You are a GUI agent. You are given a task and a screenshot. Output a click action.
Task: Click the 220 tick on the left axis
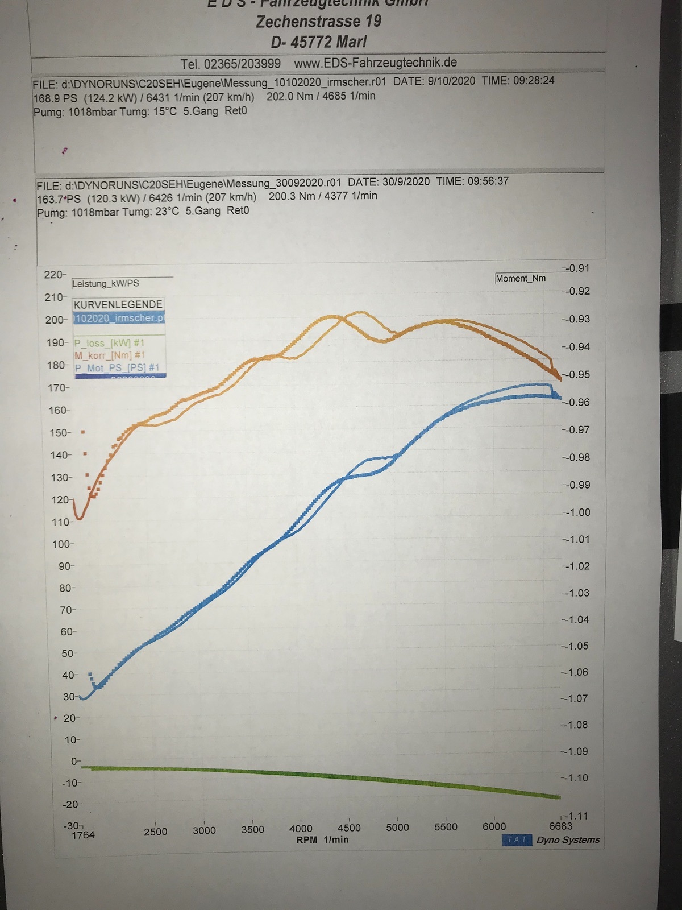pyautogui.click(x=54, y=275)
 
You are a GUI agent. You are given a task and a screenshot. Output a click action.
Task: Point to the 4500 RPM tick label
pyautogui.click(x=349, y=828)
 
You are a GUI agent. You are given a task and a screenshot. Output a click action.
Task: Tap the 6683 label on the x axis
pyautogui.click(x=560, y=826)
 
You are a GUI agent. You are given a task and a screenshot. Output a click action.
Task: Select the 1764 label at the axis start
pyautogui.click(x=83, y=835)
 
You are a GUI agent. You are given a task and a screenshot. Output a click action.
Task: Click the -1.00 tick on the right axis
pyautogui.click(x=576, y=512)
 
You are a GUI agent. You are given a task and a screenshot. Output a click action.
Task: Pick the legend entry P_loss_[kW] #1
pyautogui.click(x=109, y=343)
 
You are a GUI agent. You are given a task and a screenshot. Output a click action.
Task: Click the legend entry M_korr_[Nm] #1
pyautogui.click(x=110, y=355)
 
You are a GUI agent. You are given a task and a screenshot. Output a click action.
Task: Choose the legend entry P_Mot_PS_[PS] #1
pyautogui.click(x=117, y=368)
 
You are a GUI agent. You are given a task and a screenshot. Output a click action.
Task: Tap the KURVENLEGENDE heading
pyautogui.click(x=118, y=304)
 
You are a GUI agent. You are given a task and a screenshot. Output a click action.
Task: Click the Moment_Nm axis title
pyautogui.click(x=521, y=278)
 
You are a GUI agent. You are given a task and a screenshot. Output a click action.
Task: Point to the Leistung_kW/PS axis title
pyautogui.click(x=106, y=283)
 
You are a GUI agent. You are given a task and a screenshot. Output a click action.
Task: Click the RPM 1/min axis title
pyautogui.click(x=322, y=839)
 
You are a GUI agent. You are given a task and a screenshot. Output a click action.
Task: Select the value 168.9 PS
pyautogui.click(x=55, y=97)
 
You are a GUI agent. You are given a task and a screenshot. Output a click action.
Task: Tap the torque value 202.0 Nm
pyautogui.click(x=290, y=96)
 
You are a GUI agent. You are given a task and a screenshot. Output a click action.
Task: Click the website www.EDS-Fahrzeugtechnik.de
pyautogui.click(x=375, y=63)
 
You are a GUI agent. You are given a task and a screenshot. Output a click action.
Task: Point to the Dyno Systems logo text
pyautogui.click(x=568, y=840)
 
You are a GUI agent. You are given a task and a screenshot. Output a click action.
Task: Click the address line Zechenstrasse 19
pyautogui.click(x=318, y=22)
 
